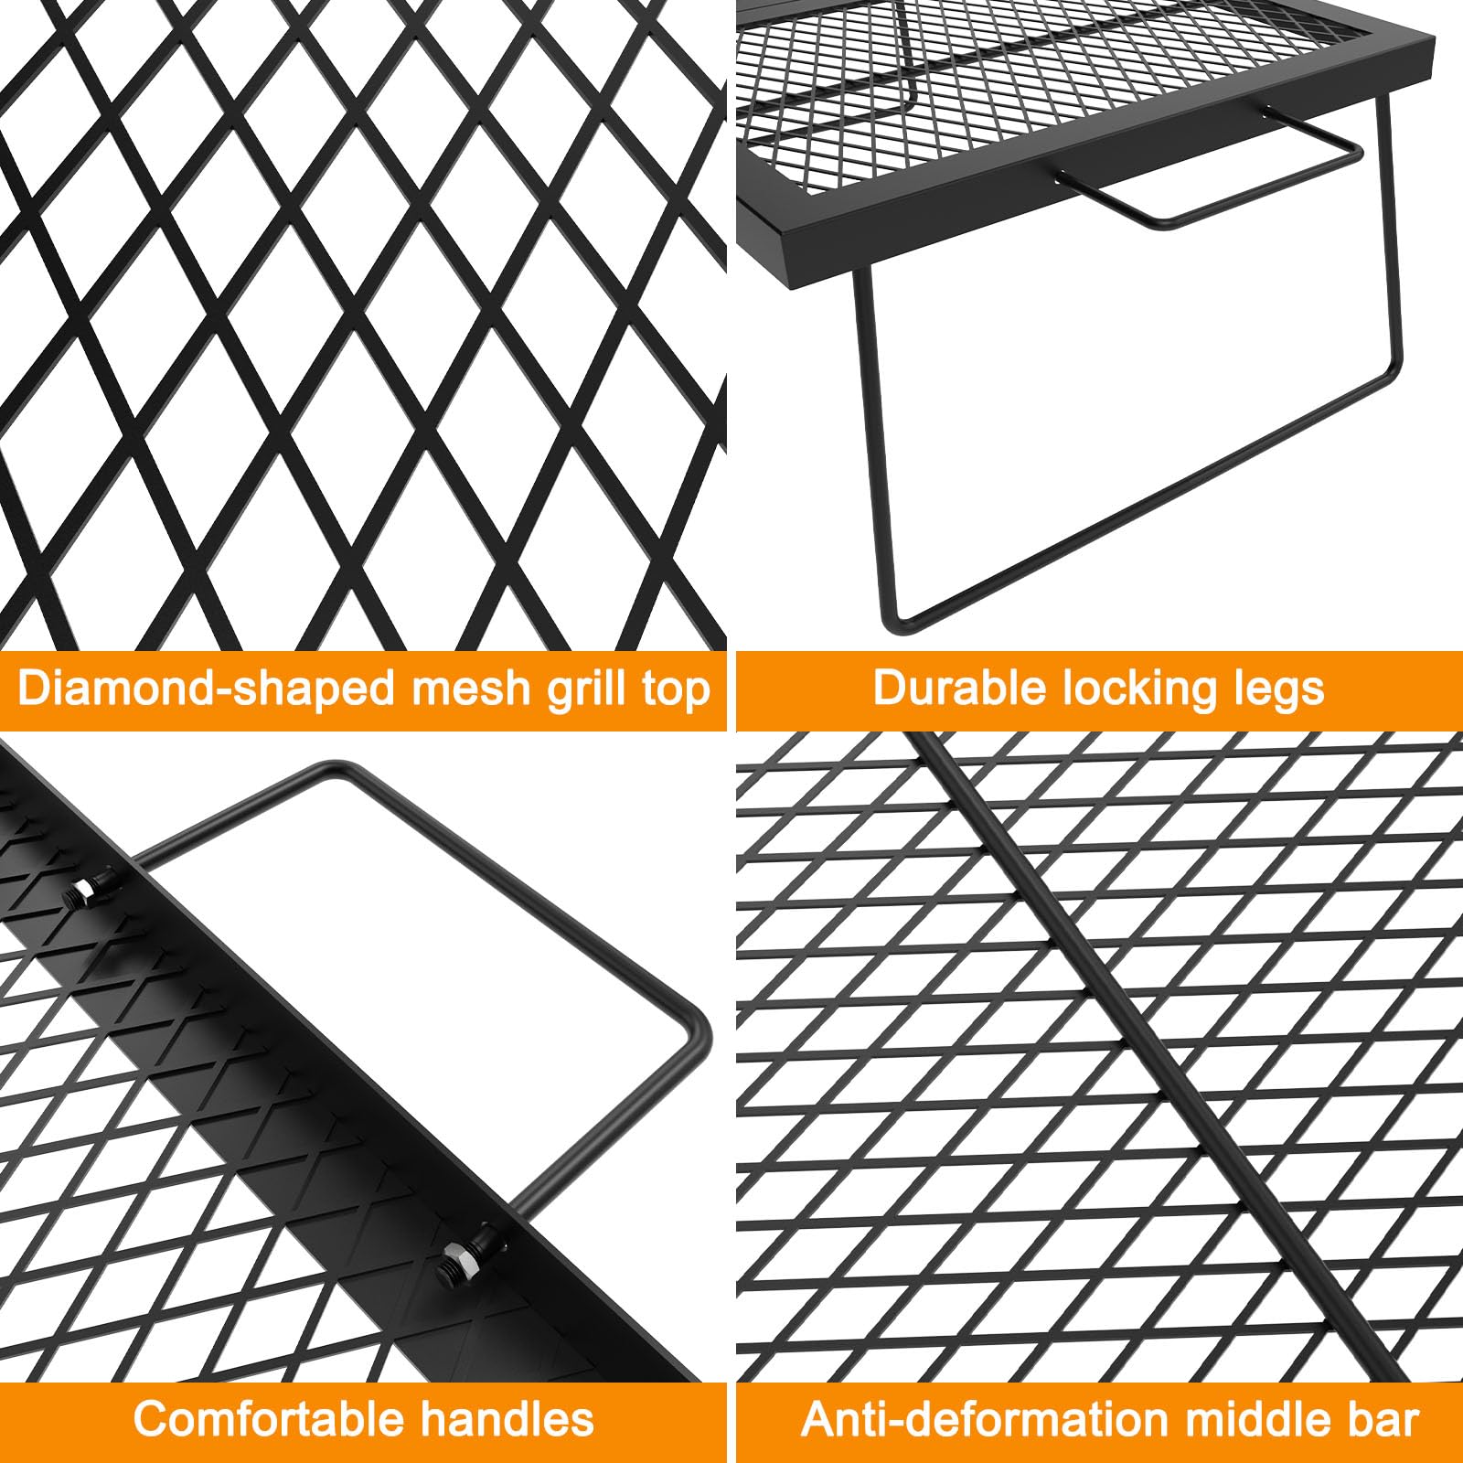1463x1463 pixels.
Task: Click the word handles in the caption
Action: pyautogui.click(x=507, y=1419)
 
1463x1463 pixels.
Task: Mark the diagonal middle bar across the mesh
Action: pyautogui.click(x=1161, y=1056)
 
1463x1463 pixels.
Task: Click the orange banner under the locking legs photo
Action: pyautogui.click(x=1099, y=690)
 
